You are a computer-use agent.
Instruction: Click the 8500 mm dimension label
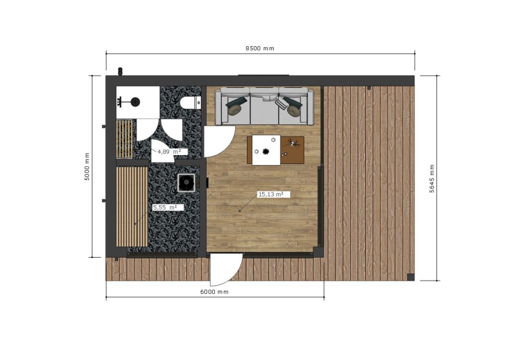point(259,48)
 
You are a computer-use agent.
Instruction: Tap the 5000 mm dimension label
point(87,167)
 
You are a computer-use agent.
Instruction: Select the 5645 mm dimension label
point(432,179)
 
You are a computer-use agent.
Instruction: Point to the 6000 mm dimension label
point(214,292)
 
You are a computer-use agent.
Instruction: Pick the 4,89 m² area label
point(169,152)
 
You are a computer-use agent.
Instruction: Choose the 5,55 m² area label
point(165,207)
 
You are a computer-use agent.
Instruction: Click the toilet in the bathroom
point(190,103)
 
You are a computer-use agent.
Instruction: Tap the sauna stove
point(186,183)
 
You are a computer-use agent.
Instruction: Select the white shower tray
point(138,102)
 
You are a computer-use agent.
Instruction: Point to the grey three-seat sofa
point(264,106)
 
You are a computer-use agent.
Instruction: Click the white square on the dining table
point(266,150)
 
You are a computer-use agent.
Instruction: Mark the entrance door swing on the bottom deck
point(226,270)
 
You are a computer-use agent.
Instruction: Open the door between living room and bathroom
point(219,142)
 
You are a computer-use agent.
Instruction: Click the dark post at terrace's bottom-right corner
point(411,277)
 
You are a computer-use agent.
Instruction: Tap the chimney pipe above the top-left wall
point(120,71)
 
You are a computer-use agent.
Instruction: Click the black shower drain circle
point(135,102)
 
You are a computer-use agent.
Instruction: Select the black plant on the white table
point(266,151)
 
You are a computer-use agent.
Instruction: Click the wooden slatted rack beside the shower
point(124,139)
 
